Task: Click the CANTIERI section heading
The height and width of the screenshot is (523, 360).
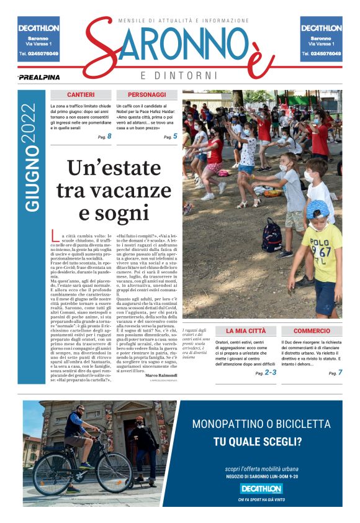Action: [x=81, y=95]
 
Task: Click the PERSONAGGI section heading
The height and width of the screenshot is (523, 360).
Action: [x=147, y=95]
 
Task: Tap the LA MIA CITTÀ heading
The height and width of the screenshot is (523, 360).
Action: [x=245, y=331]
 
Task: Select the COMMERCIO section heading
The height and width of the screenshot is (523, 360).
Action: [x=312, y=331]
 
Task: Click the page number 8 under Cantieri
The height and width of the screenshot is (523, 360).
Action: [x=109, y=136]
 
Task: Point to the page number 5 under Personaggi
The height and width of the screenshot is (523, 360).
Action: [x=175, y=136]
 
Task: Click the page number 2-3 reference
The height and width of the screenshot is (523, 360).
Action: [x=271, y=373]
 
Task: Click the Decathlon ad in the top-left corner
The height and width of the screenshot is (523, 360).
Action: [x=38, y=39]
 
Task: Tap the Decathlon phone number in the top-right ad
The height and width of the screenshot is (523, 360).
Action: [x=321, y=54]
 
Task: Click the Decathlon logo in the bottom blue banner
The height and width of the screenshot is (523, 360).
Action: [x=260, y=488]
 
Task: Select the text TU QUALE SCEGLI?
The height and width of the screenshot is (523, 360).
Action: [x=260, y=442]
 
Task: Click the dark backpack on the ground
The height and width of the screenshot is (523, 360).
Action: [x=272, y=235]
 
